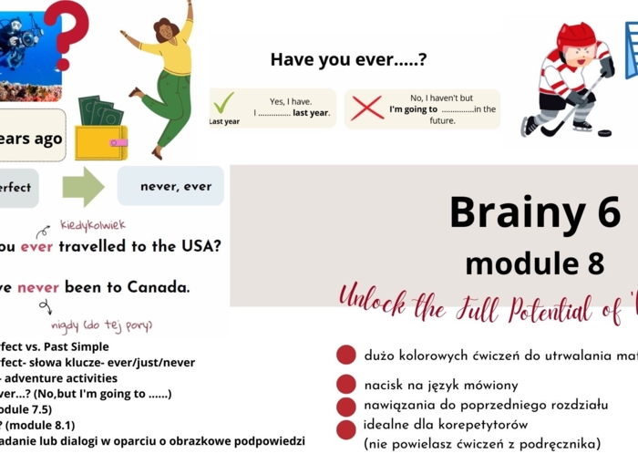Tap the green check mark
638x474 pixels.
click(x=223, y=101)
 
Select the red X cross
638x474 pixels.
click(x=366, y=108)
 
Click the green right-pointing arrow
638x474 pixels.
click(x=83, y=187)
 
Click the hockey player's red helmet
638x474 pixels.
click(x=575, y=36)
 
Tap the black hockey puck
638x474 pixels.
click(x=604, y=133)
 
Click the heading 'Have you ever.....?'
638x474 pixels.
click(x=348, y=60)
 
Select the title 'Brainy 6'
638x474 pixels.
click(x=535, y=212)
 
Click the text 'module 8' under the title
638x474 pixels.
click(x=534, y=263)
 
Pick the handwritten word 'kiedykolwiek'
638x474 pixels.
click(x=93, y=224)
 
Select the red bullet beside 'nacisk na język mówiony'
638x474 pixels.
click(x=346, y=384)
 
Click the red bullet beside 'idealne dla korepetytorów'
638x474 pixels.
click(x=346, y=428)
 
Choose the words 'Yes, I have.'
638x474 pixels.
click(x=290, y=100)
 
